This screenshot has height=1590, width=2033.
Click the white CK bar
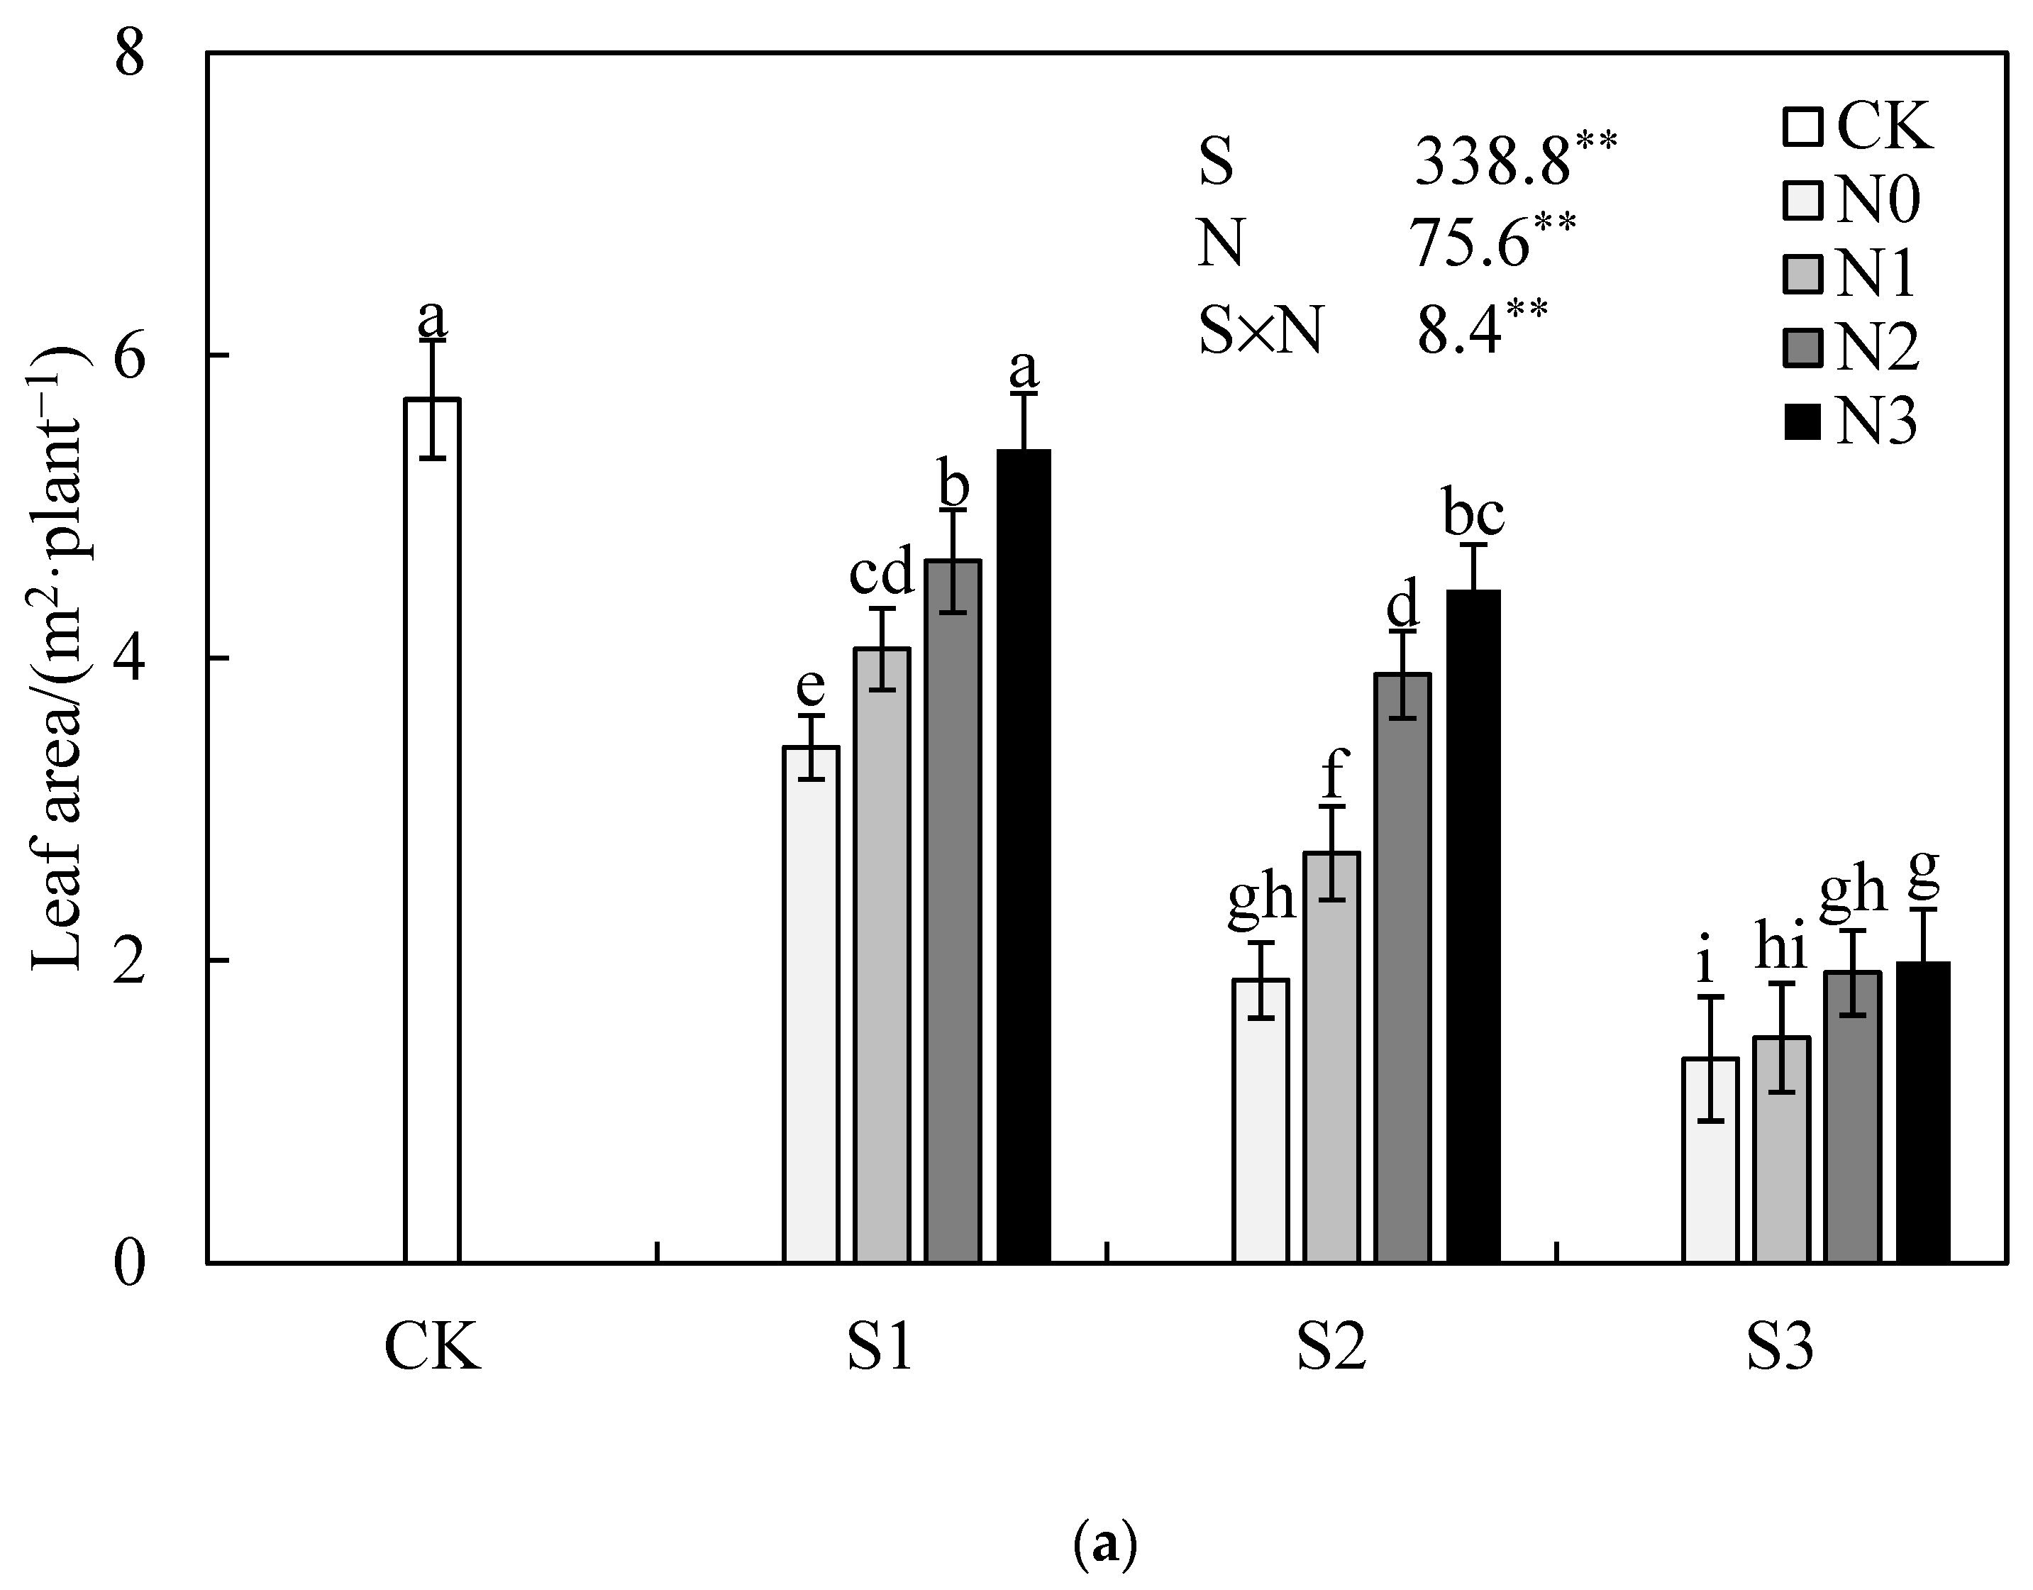(432, 829)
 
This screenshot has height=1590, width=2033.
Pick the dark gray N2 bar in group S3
(1852, 1116)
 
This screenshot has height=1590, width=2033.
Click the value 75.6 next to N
(1470, 245)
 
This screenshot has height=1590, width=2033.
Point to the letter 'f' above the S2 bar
(1333, 772)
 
